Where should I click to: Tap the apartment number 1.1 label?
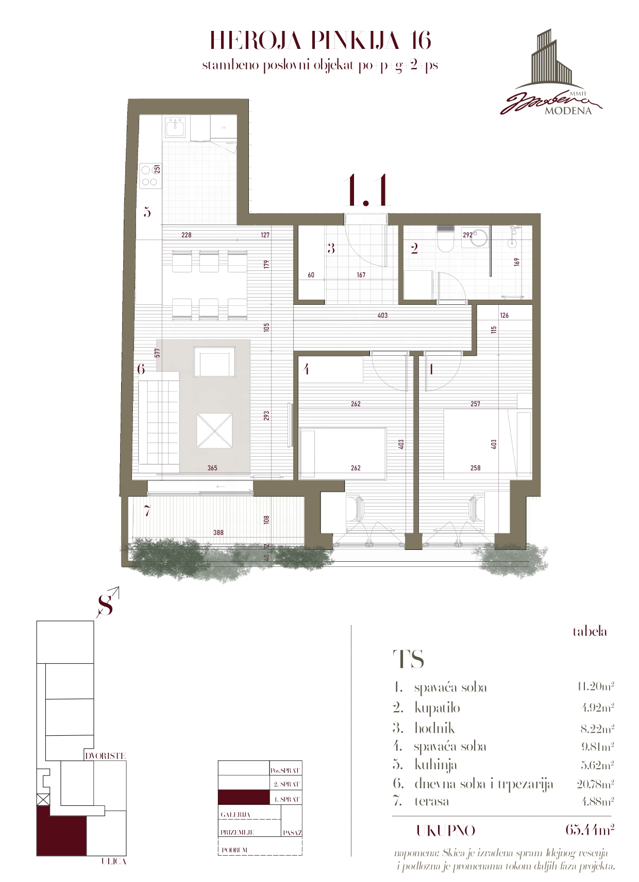[x=367, y=191]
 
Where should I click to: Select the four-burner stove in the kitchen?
[x=149, y=175]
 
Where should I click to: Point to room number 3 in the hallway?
[x=331, y=249]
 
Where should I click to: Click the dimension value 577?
[x=158, y=353]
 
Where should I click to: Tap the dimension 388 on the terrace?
[x=218, y=532]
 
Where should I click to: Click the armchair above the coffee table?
[x=214, y=362]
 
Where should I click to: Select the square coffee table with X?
[x=214, y=431]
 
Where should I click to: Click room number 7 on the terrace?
[x=147, y=512]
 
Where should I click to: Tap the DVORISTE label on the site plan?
[x=105, y=756]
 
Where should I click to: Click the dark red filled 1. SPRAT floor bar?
[x=243, y=798]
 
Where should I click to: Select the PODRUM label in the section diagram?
[x=234, y=850]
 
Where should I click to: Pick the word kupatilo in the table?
[x=437, y=708]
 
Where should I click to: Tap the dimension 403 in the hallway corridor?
[x=382, y=315]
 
